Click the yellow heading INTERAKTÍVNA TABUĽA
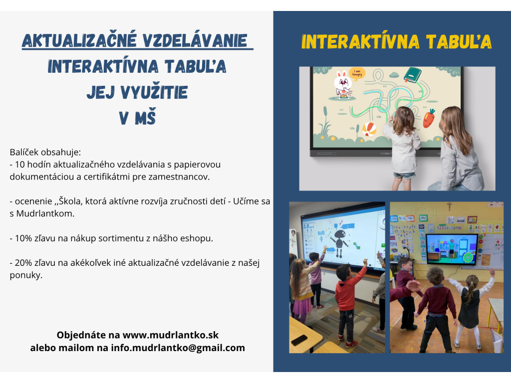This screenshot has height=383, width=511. [396, 41]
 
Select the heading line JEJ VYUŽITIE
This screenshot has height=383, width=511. [137, 92]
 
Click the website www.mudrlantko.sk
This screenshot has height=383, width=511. [171, 335]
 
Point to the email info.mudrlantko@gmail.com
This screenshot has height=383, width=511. [178, 348]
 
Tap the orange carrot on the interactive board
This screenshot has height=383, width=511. [429, 118]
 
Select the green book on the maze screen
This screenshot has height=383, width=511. [412, 75]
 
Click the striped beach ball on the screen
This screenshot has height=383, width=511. [369, 129]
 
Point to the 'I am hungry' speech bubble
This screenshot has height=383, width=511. [357, 74]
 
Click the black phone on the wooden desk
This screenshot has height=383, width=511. [299, 340]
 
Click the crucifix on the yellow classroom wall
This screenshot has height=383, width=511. [450, 206]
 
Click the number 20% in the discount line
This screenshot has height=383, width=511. [23, 263]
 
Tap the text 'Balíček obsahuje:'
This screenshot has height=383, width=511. [45, 153]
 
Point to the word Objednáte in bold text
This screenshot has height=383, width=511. [81, 335]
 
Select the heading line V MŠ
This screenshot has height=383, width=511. [137, 117]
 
